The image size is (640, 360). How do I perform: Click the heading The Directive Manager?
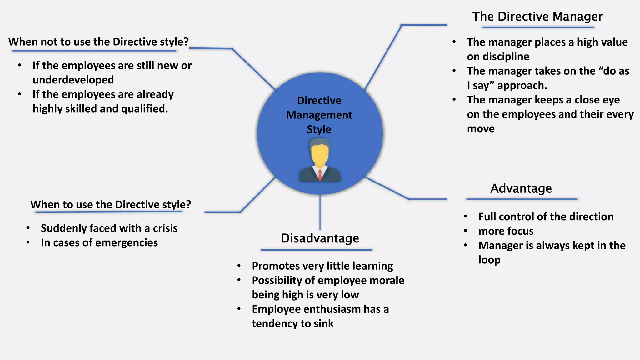point(537,17)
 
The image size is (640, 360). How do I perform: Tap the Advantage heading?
point(521,188)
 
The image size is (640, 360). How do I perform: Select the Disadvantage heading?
point(320,238)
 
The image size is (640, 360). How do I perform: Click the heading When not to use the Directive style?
point(98,42)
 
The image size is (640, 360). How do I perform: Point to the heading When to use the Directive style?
point(111,205)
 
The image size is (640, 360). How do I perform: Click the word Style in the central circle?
point(319,129)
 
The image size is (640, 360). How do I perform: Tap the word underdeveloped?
point(73,80)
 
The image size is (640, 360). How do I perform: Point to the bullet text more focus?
point(506,231)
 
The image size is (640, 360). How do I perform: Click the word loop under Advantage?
point(489,260)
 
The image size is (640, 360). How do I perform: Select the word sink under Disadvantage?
point(324,324)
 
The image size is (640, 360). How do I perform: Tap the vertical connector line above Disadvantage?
point(320,212)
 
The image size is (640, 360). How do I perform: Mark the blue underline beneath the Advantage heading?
point(522,199)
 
